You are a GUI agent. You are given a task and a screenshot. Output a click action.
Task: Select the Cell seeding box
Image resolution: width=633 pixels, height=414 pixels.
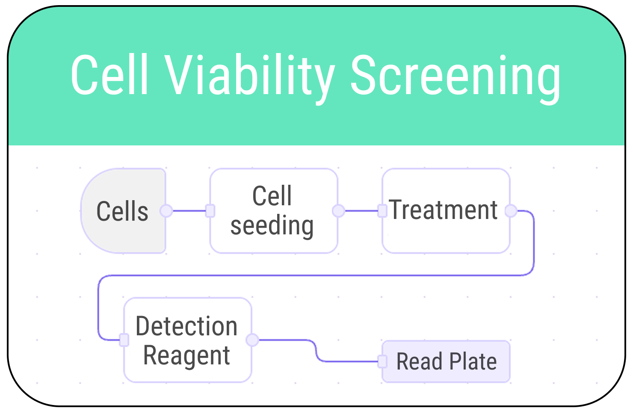tap(273, 211)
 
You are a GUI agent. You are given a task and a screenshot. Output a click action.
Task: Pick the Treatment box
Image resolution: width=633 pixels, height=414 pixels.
tap(445, 211)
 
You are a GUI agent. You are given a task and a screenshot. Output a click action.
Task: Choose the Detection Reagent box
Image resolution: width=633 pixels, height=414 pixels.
tap(187, 340)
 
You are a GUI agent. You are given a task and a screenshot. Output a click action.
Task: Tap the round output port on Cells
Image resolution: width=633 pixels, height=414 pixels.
tap(166, 211)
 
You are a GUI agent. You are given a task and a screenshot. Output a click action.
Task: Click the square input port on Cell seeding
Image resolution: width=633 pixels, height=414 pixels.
tap(210, 211)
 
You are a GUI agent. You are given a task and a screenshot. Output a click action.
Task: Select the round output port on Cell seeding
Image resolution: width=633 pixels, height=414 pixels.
tap(338, 211)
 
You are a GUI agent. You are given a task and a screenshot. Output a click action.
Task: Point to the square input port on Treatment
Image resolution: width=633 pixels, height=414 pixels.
tap(382, 211)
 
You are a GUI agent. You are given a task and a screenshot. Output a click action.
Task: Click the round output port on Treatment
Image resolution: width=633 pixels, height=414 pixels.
tap(511, 211)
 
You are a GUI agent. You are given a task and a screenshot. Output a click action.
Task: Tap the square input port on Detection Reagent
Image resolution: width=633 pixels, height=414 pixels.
tap(124, 340)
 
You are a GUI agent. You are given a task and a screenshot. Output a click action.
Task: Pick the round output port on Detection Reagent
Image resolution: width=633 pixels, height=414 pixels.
tap(252, 340)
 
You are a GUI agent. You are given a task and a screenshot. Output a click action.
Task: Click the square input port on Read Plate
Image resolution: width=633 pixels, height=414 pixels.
tap(382, 361)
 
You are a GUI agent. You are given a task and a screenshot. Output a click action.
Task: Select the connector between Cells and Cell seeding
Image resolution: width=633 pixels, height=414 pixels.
tap(188, 211)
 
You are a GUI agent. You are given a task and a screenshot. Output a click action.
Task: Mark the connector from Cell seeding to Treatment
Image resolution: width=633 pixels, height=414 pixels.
tap(361, 211)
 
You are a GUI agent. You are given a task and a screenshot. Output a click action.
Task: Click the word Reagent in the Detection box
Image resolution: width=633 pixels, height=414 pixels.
tap(186, 355)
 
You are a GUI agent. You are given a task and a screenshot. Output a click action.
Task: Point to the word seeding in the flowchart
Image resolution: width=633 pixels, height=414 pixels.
tap(272, 225)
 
